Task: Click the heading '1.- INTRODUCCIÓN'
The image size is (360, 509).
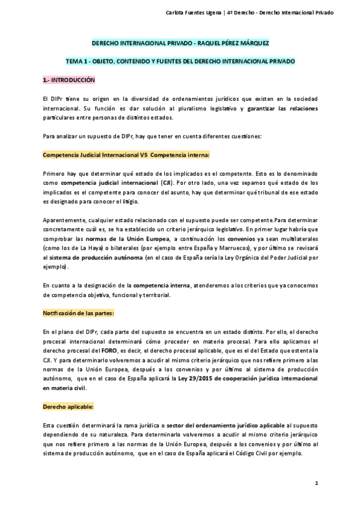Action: (68, 80)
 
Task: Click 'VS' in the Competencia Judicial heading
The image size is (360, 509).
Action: (143, 155)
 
